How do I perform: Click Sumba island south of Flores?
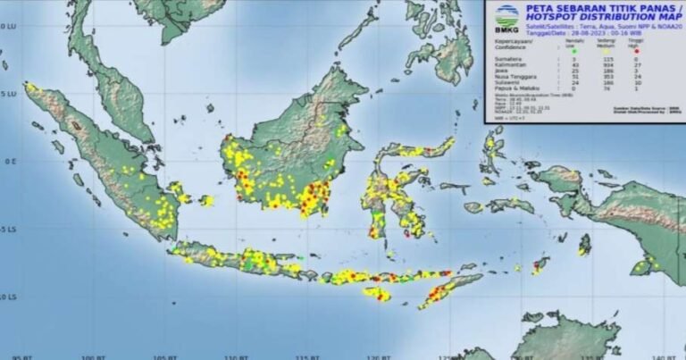pos(377,292)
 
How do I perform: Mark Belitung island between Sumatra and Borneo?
pos(207,200)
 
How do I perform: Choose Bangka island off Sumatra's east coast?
pos(177,190)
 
